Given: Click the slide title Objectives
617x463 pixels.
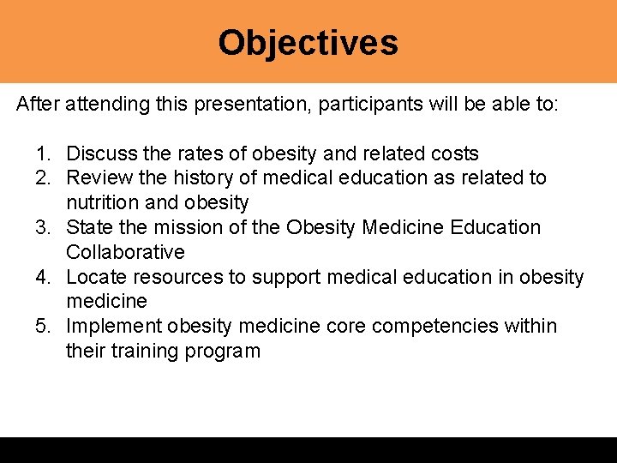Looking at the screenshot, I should (308, 42).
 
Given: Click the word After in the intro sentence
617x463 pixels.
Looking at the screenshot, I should (38, 105).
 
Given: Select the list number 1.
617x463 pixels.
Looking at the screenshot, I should (43, 154).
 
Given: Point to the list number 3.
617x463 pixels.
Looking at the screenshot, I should (43, 228).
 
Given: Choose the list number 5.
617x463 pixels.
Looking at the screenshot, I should (43, 327).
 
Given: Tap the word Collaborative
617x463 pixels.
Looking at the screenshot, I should (125, 252).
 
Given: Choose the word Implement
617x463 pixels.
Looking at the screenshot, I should (107, 327).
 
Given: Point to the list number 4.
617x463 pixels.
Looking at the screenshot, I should (43, 277).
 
